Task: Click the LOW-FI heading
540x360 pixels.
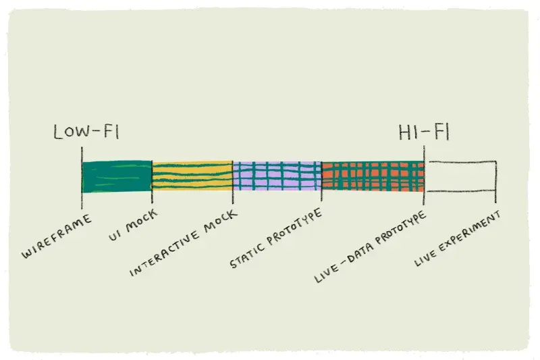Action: [x=86, y=132]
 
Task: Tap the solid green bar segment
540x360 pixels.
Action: [x=116, y=177]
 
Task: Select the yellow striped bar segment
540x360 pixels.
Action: [x=192, y=176]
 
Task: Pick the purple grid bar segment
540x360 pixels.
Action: [x=277, y=176]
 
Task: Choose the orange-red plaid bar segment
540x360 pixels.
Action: [x=373, y=176]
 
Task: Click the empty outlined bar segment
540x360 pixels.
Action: [x=461, y=176]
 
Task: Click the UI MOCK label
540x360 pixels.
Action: [x=133, y=226]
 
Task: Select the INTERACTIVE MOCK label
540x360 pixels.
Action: [x=184, y=243]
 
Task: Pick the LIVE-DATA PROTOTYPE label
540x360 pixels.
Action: [x=371, y=247]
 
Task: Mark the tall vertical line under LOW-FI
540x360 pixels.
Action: [x=82, y=176]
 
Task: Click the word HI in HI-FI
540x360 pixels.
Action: [x=406, y=131]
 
